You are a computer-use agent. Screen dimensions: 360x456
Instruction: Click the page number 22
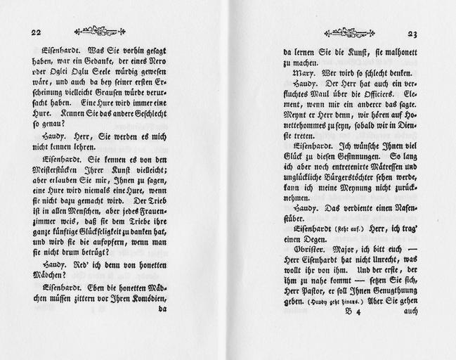pos(36,32)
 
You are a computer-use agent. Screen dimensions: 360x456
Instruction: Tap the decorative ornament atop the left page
pos(100,30)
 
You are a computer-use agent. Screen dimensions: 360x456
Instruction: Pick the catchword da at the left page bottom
pos(162,308)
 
